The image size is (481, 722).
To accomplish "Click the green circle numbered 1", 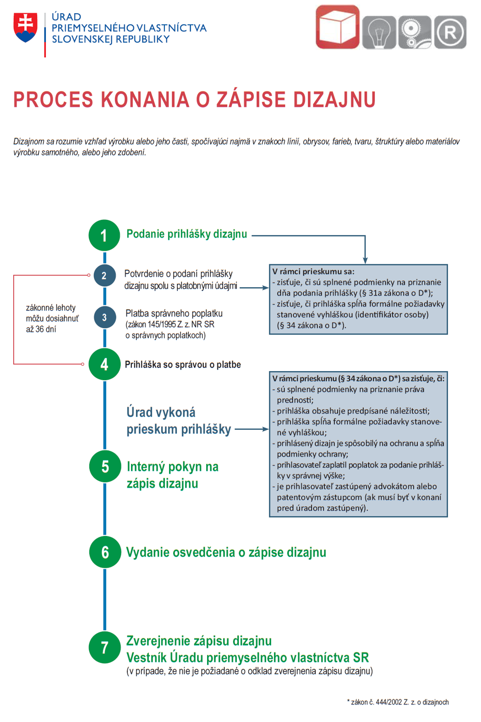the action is tap(104, 235).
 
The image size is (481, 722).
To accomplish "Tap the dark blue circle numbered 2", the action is tap(104, 276).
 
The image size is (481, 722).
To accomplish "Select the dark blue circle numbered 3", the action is tap(105, 317).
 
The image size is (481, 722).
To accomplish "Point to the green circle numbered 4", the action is tap(104, 364).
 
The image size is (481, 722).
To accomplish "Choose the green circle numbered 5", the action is tap(105, 466).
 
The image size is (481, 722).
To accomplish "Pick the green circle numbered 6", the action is tap(105, 552).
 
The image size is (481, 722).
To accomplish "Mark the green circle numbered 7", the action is tap(104, 647).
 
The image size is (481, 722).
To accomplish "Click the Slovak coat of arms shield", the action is tap(26, 27).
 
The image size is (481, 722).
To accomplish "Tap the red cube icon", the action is tap(338, 27).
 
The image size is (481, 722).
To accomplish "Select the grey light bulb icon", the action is tap(379, 32).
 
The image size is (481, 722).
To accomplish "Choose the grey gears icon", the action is tap(415, 32).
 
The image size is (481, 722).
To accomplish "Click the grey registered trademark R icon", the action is tap(450, 32).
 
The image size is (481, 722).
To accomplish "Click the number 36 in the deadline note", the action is tap(40, 329).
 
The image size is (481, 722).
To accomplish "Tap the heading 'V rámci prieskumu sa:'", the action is tap(313, 272).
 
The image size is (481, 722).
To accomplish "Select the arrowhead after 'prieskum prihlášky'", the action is tap(266, 429).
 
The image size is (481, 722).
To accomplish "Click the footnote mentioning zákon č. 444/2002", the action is tap(398, 702).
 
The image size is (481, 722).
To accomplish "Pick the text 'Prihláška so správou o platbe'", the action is tap(183, 365).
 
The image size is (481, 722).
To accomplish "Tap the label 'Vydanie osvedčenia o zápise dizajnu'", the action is tap(226, 552).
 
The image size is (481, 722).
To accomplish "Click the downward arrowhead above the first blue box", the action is tap(365, 260).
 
